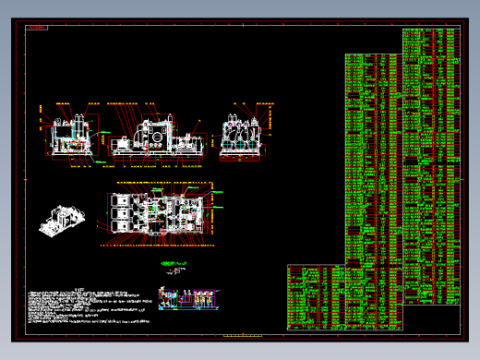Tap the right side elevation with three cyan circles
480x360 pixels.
pos(242,136)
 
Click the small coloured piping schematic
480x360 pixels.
pos(190,297)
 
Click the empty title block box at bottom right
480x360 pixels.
pos(431,318)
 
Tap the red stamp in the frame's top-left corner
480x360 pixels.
pos(36,28)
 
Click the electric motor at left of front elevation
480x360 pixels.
pos(123,145)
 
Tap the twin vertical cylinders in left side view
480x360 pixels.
pos(86,126)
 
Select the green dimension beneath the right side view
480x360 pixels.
pos(241,162)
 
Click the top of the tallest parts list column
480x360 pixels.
pos(430,32)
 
